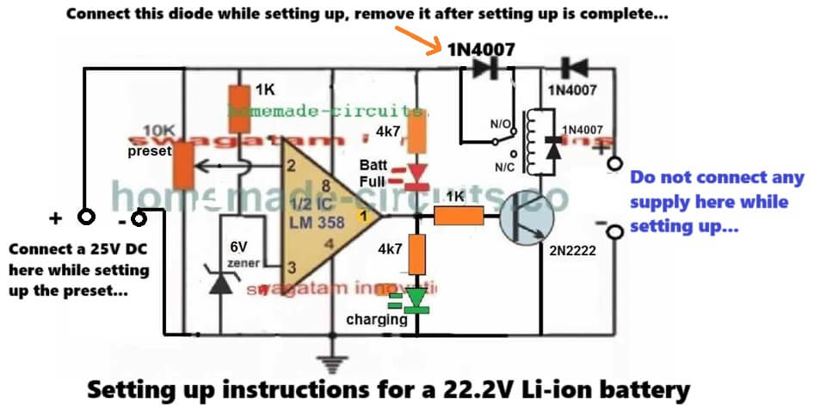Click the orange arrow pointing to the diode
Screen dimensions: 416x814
(x=416, y=40)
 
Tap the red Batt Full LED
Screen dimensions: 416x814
(x=417, y=175)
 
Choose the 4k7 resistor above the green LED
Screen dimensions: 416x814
(x=416, y=254)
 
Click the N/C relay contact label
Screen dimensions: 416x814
(x=503, y=162)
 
